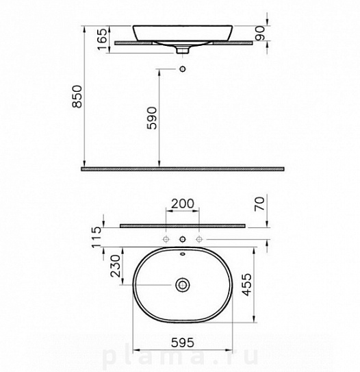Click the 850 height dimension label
(x=77, y=97)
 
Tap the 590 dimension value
(x=152, y=118)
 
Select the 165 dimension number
(x=103, y=39)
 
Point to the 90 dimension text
(x=260, y=33)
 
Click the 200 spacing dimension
(x=183, y=203)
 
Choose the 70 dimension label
(x=259, y=204)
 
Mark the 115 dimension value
(x=97, y=237)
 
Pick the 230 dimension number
(x=116, y=266)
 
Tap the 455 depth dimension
(x=246, y=285)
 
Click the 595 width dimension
(x=183, y=343)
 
